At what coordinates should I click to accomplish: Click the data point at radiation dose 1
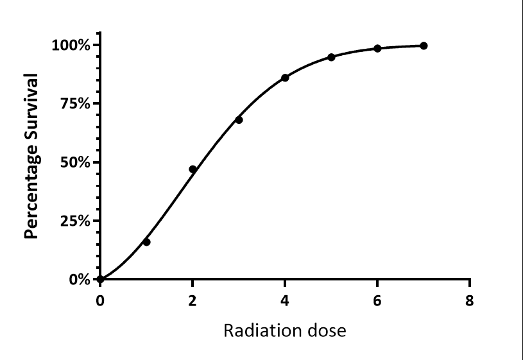click(146, 242)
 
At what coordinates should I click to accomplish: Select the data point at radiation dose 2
click(193, 169)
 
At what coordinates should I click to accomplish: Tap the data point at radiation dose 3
click(239, 120)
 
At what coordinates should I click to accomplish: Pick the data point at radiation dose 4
click(285, 78)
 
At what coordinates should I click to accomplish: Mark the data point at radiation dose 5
click(331, 57)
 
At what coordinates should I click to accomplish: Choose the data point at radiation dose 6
click(377, 49)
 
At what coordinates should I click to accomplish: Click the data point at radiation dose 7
click(424, 46)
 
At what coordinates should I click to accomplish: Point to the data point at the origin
click(100, 279)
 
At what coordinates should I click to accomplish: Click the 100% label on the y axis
click(72, 45)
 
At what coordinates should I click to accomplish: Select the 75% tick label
click(76, 103)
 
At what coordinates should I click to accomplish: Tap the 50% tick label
click(76, 162)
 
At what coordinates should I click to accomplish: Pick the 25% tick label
click(76, 221)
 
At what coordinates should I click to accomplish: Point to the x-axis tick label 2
click(193, 302)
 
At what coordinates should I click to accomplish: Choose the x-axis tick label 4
click(285, 302)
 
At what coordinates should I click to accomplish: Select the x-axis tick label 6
click(377, 302)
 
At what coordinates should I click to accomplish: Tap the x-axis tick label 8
click(470, 302)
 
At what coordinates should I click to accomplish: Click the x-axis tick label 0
click(100, 302)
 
